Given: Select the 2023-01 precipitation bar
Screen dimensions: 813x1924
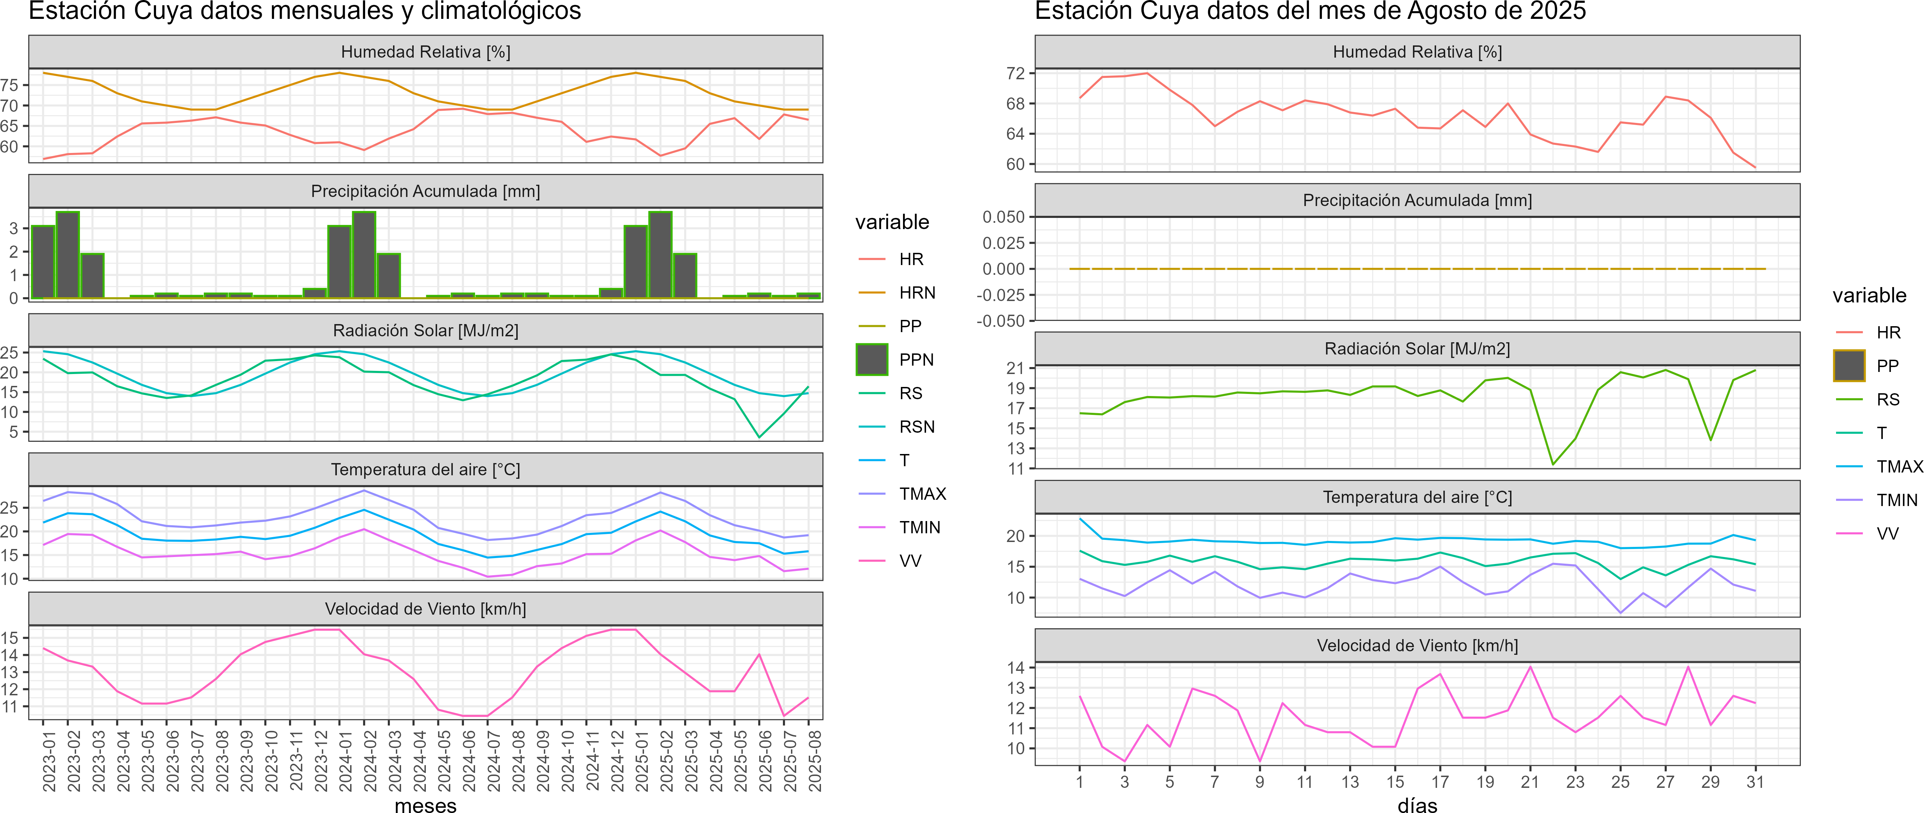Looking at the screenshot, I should [43, 262].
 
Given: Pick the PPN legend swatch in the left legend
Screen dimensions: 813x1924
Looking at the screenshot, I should [872, 359].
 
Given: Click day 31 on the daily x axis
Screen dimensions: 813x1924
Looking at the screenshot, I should [1755, 782].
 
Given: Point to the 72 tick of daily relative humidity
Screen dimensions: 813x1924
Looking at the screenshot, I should [1015, 73].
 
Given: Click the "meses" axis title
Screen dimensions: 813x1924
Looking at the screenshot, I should [425, 805].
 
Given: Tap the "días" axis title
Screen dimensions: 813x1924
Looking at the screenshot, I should [1417, 805].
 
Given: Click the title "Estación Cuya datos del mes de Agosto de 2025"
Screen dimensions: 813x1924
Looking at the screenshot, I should [1310, 11].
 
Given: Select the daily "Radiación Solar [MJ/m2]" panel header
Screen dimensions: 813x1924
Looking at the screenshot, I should [1417, 349].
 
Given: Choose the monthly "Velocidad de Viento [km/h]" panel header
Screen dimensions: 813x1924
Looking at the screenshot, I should [425, 609].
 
